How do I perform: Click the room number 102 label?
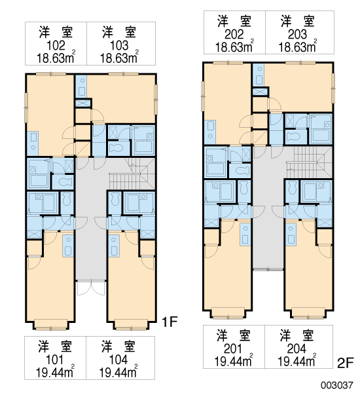[56, 45]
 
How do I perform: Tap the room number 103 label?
[119, 45]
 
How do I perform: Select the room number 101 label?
[54, 360]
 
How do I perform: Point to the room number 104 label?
[118, 360]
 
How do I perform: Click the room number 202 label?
[234, 34]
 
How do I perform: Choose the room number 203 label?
[297, 34]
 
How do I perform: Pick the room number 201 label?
[233, 348]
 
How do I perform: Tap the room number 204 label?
[297, 348]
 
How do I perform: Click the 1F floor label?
[170, 322]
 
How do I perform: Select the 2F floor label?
[345, 363]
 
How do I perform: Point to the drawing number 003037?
[337, 385]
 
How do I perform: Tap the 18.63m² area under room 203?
[298, 47]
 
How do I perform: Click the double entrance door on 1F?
[91, 288]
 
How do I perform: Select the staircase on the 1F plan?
[132, 174]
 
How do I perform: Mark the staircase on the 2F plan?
[310, 162]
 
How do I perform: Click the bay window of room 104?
[132, 326]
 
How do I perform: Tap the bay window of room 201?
[228, 313]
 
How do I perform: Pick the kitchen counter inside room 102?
[33, 143]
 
